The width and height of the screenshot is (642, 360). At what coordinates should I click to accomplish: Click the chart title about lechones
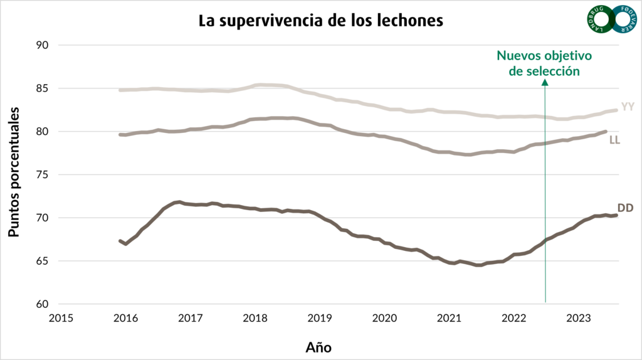(x=320, y=21)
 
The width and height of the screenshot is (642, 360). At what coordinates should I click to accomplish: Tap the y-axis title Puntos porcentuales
(x=14, y=172)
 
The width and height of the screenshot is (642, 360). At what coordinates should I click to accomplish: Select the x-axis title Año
(x=318, y=347)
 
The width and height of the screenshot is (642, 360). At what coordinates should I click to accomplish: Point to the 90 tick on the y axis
(x=42, y=45)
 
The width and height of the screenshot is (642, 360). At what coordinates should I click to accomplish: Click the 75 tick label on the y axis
(x=42, y=174)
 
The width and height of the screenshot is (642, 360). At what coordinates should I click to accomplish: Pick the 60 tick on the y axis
(x=42, y=304)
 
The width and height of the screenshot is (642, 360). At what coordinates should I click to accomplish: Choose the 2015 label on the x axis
(x=61, y=318)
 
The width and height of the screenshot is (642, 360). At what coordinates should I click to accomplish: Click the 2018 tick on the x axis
(x=255, y=318)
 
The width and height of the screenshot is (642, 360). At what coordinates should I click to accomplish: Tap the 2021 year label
(x=449, y=318)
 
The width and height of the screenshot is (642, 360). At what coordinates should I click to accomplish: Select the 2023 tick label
(x=579, y=318)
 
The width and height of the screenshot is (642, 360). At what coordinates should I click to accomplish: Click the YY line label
(x=628, y=107)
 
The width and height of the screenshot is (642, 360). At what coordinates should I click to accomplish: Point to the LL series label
(x=614, y=140)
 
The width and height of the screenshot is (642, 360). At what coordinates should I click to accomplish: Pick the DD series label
(x=625, y=208)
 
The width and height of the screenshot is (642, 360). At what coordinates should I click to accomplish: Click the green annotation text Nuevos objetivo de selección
(x=544, y=63)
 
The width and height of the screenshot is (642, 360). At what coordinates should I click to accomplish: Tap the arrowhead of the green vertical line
(x=545, y=82)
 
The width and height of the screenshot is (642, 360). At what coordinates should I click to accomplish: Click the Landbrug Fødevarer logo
(x=612, y=19)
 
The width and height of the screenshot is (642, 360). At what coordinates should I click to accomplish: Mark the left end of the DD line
(x=120, y=241)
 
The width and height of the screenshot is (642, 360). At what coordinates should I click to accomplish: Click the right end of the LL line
(x=606, y=132)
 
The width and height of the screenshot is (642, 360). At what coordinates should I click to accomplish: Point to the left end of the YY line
(x=120, y=90)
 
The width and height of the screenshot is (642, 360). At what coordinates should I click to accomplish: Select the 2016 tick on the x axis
(x=125, y=318)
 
